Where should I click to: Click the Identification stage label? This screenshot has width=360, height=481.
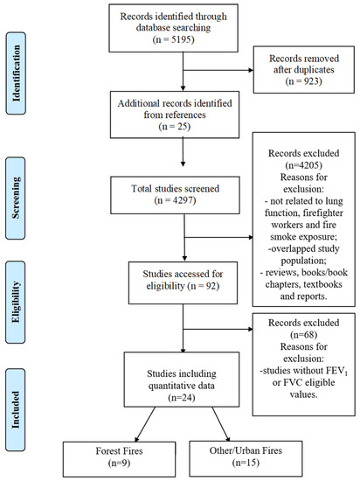pos(16,73)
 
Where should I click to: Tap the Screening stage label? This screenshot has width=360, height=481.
pos(16,199)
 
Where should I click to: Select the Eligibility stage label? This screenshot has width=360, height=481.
pos(16,303)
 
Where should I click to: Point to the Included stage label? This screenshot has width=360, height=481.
pos(16,410)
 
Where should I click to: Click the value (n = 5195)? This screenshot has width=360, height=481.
pos(173,39)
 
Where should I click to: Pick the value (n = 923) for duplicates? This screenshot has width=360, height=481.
pos(303,81)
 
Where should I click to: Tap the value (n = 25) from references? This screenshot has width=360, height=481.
pos(175,127)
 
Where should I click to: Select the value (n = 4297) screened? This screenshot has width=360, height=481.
pos(176,200)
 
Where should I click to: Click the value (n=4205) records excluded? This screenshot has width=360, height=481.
pos(303,165)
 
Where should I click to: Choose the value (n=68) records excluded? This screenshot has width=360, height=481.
pos(303,335)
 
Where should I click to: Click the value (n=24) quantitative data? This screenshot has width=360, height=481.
pos(182,398)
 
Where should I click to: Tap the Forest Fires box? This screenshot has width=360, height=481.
pos(119,459)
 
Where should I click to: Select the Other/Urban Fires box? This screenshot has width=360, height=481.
pos(246,459)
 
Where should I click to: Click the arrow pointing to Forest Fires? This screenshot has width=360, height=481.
pos(145,424)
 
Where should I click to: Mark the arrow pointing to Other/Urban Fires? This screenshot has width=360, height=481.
pos(220,424)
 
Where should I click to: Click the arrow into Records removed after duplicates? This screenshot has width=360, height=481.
pos(218,70)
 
